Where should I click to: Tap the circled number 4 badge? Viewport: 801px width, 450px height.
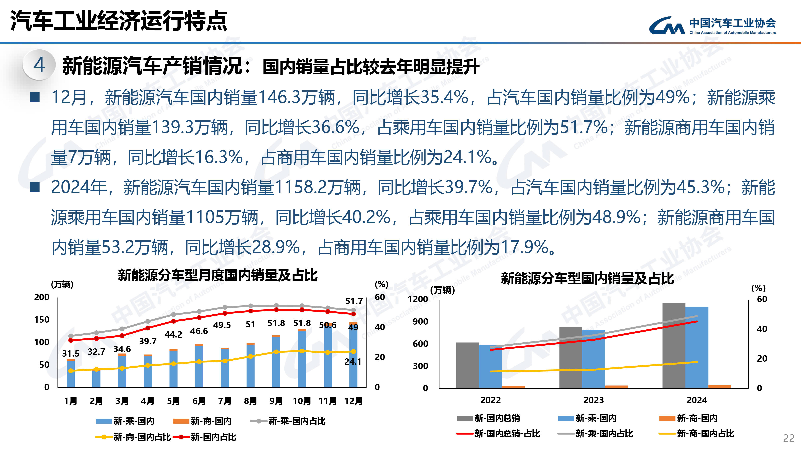(39, 65)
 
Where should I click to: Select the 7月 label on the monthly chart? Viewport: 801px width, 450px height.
(224, 401)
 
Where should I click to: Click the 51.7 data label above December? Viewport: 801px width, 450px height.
(354, 301)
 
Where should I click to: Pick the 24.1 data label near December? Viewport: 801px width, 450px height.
(353, 361)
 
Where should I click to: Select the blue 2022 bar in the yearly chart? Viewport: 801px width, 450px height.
(490, 366)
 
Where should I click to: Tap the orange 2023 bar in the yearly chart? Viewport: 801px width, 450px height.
(616, 387)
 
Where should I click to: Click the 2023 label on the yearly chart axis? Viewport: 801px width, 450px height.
(593, 400)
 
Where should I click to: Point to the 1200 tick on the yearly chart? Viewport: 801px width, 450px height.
(418, 299)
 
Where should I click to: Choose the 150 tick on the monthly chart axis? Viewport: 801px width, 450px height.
(42, 320)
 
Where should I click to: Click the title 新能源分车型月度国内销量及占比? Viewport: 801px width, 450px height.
(218, 275)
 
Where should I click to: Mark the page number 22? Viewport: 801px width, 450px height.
(789, 438)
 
